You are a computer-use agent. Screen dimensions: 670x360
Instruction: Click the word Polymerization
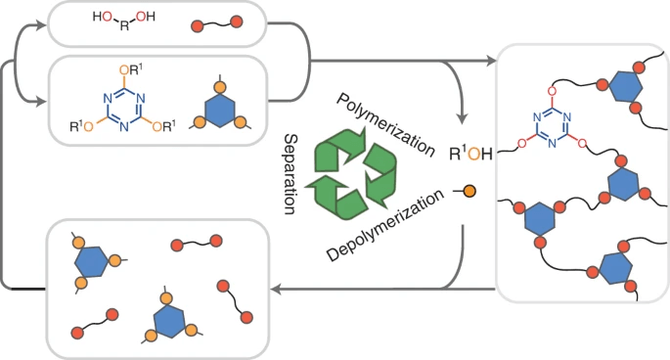(x=385, y=124)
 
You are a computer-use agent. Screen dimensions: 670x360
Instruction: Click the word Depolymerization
(x=385, y=225)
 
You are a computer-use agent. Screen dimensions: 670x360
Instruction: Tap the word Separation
(x=291, y=173)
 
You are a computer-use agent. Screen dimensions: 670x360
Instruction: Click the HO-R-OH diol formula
(x=124, y=21)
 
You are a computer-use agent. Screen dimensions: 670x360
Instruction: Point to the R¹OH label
(x=470, y=154)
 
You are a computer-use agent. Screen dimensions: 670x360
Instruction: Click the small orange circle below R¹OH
(x=469, y=191)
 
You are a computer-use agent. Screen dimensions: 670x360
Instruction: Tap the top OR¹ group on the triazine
(x=130, y=70)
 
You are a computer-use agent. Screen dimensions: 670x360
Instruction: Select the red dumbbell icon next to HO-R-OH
(x=216, y=23)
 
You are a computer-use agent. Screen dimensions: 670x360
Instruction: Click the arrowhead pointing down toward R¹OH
(x=462, y=118)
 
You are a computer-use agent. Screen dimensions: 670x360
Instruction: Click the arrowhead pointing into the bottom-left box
(x=277, y=290)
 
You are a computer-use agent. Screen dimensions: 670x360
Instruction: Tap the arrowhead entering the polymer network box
(x=491, y=61)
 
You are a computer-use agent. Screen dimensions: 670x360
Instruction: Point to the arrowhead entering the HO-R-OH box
(x=41, y=25)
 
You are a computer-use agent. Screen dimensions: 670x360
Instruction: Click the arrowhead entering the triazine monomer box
(x=41, y=102)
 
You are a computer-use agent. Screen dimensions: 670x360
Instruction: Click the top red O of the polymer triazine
(x=552, y=91)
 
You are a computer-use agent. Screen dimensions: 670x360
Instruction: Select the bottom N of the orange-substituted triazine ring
(x=124, y=126)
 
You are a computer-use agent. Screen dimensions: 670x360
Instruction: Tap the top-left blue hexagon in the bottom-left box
(x=91, y=261)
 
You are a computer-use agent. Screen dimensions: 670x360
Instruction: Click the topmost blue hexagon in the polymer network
(x=626, y=87)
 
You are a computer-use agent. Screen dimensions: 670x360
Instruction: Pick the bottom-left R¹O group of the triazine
(x=81, y=126)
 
